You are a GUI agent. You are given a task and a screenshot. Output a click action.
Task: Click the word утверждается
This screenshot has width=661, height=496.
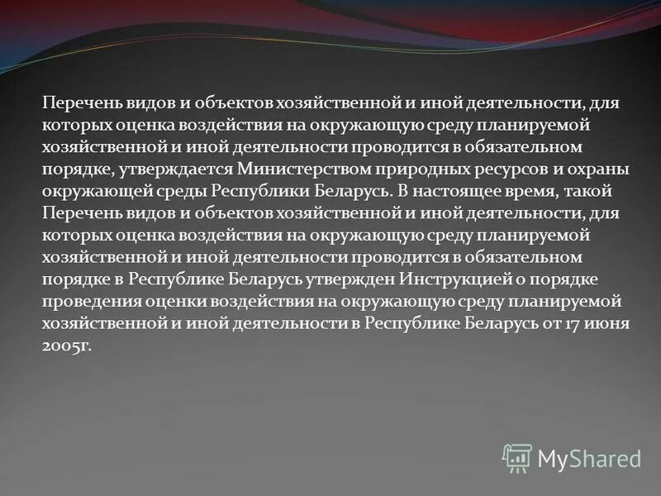point(164,169)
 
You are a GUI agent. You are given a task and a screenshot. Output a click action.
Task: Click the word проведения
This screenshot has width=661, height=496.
point(85,300)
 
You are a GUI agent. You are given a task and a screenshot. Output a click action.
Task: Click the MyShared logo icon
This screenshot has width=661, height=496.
point(517,457)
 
